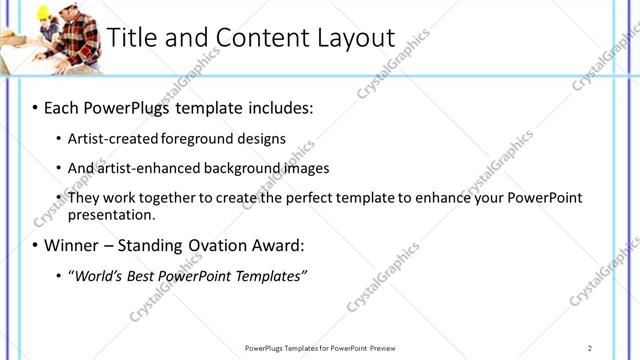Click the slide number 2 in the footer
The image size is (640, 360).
pos(590,347)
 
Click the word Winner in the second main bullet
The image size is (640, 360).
pos(75,245)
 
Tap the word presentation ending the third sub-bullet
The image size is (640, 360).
pos(110,214)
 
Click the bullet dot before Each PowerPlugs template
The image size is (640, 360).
pos(34,106)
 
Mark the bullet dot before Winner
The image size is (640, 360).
pos(34,245)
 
